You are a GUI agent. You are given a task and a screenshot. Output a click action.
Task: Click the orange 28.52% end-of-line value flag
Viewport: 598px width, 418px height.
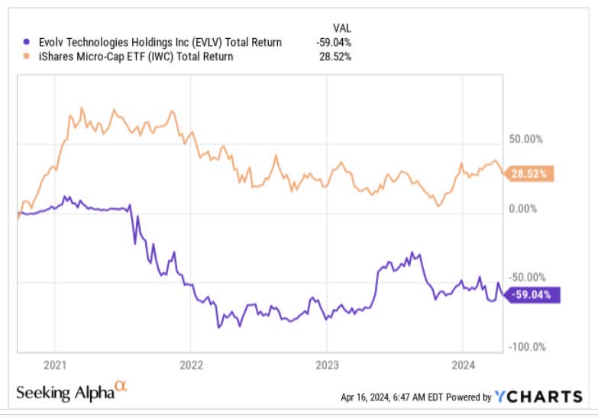tap(530, 174)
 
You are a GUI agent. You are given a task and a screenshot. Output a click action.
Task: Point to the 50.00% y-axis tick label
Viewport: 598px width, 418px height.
tap(528, 140)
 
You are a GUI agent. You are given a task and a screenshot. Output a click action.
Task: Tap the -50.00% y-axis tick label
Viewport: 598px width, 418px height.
tap(526, 278)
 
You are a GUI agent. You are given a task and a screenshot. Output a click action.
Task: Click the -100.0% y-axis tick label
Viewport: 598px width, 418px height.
tap(526, 347)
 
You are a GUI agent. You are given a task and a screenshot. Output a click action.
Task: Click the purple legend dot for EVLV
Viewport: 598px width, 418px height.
tap(27, 43)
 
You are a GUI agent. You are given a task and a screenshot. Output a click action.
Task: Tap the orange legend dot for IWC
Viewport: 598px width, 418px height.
tap(27, 56)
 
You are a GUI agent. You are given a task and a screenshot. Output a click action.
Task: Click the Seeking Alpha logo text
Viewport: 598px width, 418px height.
tap(65, 394)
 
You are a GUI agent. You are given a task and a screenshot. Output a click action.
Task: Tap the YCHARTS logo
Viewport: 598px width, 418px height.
tap(538, 396)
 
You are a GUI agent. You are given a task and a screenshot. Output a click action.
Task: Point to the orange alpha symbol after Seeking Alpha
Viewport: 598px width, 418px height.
tap(121, 388)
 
